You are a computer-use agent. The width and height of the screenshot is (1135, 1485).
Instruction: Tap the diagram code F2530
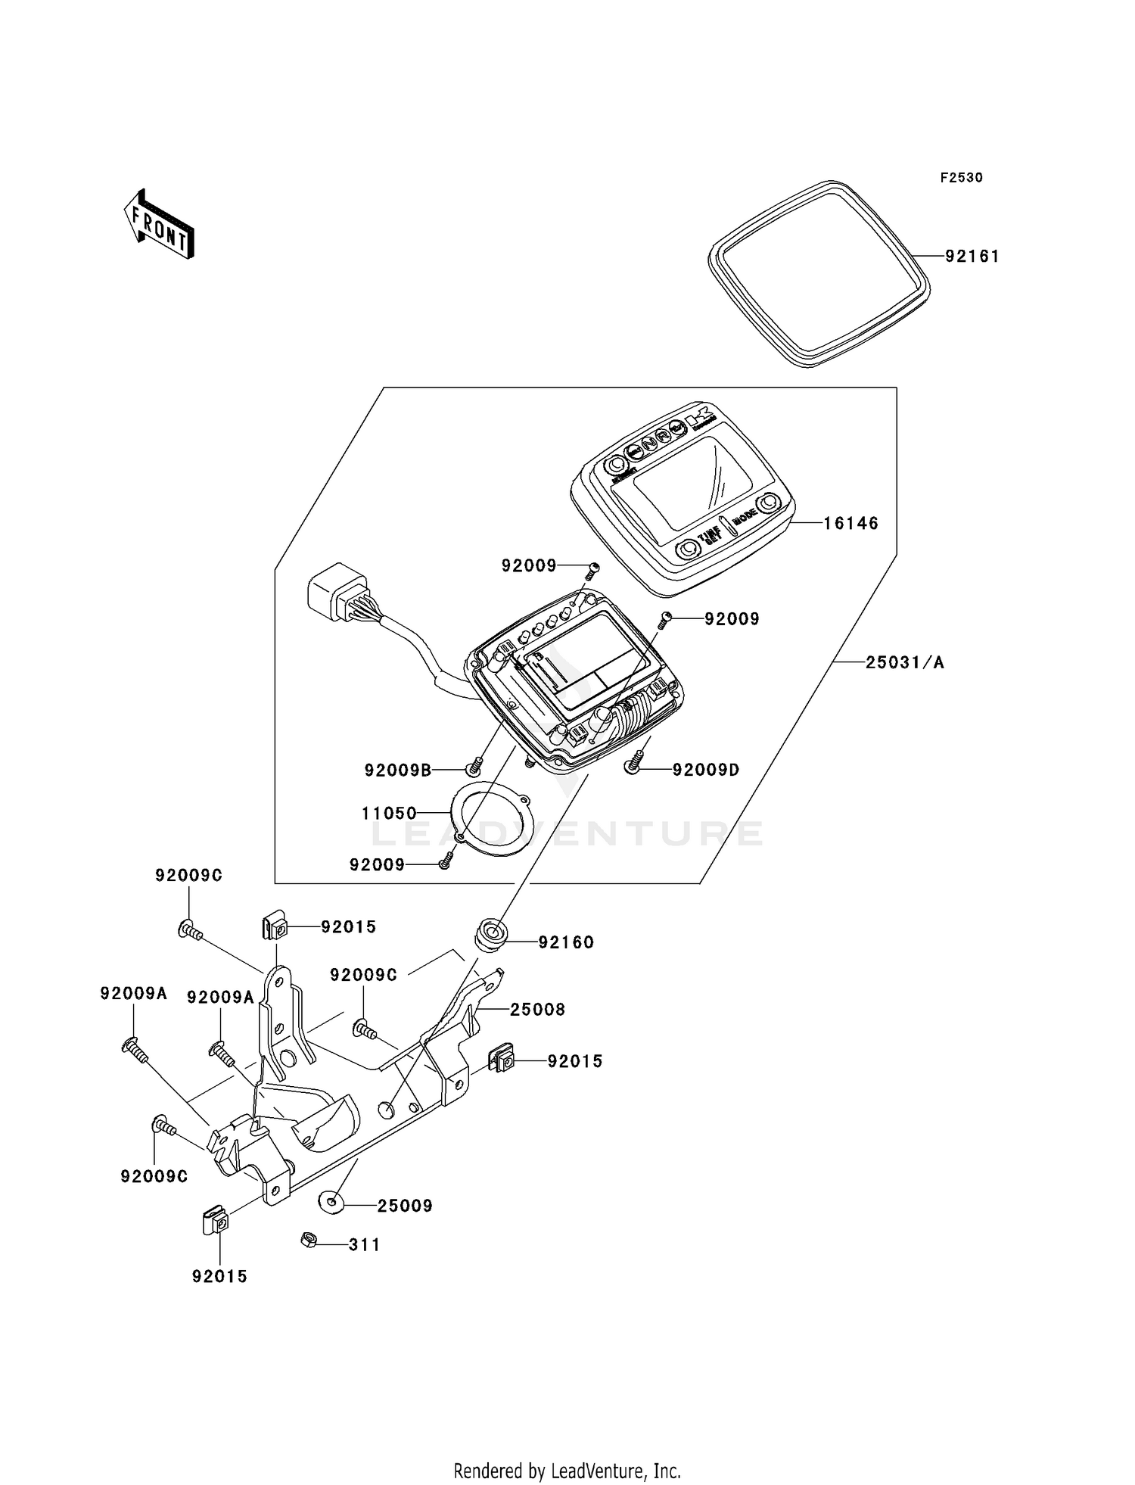point(961,178)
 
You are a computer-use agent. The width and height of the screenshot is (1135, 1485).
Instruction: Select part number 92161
point(972,257)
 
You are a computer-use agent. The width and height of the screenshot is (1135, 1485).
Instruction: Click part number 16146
point(850,523)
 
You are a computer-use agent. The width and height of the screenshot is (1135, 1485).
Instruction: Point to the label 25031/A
point(905,663)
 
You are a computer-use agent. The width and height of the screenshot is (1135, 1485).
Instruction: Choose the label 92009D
point(706,770)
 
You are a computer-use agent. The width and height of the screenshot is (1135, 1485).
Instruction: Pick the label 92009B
point(397,771)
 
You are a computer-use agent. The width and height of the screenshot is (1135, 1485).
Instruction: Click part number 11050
point(389,814)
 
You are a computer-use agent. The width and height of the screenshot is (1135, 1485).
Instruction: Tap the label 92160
point(566,942)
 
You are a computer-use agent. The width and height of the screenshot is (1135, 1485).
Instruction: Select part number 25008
point(537,1010)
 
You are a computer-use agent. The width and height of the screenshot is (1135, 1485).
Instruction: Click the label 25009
point(405,1206)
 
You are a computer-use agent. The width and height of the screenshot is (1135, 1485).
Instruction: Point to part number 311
point(364,1245)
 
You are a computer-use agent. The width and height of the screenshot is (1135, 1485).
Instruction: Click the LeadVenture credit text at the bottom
point(567,1471)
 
